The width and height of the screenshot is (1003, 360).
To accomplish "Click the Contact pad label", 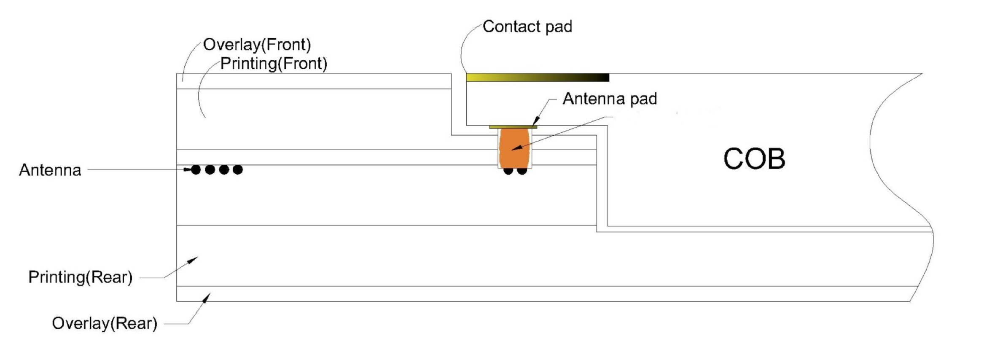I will tap(527, 27).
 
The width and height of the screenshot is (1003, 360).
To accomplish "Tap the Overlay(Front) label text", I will tap(257, 45).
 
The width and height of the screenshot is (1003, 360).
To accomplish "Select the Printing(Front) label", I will tap(274, 64).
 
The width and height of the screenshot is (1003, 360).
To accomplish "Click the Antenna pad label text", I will tap(610, 99).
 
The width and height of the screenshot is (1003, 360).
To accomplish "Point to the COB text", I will tap(754, 159).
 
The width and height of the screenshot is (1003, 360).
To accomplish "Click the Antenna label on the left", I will tap(50, 170).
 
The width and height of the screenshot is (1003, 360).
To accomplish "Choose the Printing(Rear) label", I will tap(80, 277).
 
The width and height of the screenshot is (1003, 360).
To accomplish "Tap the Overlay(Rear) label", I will tap(104, 323).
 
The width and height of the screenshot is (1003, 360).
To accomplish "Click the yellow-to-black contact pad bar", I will tap(538, 78).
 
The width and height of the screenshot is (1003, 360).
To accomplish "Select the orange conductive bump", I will tap(514, 148).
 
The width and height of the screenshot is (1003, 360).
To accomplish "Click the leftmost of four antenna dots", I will tap(196, 170).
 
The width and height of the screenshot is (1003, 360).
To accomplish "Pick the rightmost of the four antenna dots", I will tap(238, 170).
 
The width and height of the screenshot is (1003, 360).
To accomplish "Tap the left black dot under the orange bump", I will tap(508, 171).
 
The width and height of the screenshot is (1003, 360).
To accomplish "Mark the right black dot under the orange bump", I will tap(522, 171).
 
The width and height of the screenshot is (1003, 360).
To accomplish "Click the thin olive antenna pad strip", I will tap(513, 127).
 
